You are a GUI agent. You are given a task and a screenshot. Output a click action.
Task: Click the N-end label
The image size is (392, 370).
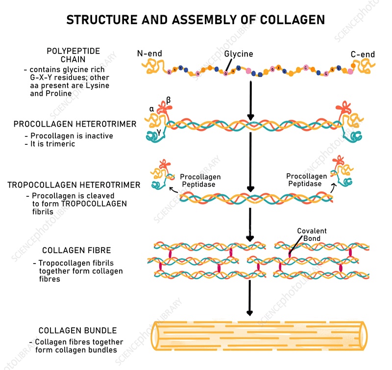tap(149, 53)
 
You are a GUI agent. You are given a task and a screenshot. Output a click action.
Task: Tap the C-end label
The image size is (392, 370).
tap(363, 54)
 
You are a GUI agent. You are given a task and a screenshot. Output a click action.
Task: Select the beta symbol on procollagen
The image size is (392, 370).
tap(169, 100)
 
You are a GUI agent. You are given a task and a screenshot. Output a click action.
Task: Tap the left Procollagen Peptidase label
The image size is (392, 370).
tap(200, 180)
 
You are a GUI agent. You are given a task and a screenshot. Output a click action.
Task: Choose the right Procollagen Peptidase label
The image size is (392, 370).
tap(307, 180)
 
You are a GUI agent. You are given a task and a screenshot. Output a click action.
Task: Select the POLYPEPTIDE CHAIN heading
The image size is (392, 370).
tap(73, 55)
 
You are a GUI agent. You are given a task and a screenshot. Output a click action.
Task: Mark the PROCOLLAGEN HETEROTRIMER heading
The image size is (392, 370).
tap(75, 124)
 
